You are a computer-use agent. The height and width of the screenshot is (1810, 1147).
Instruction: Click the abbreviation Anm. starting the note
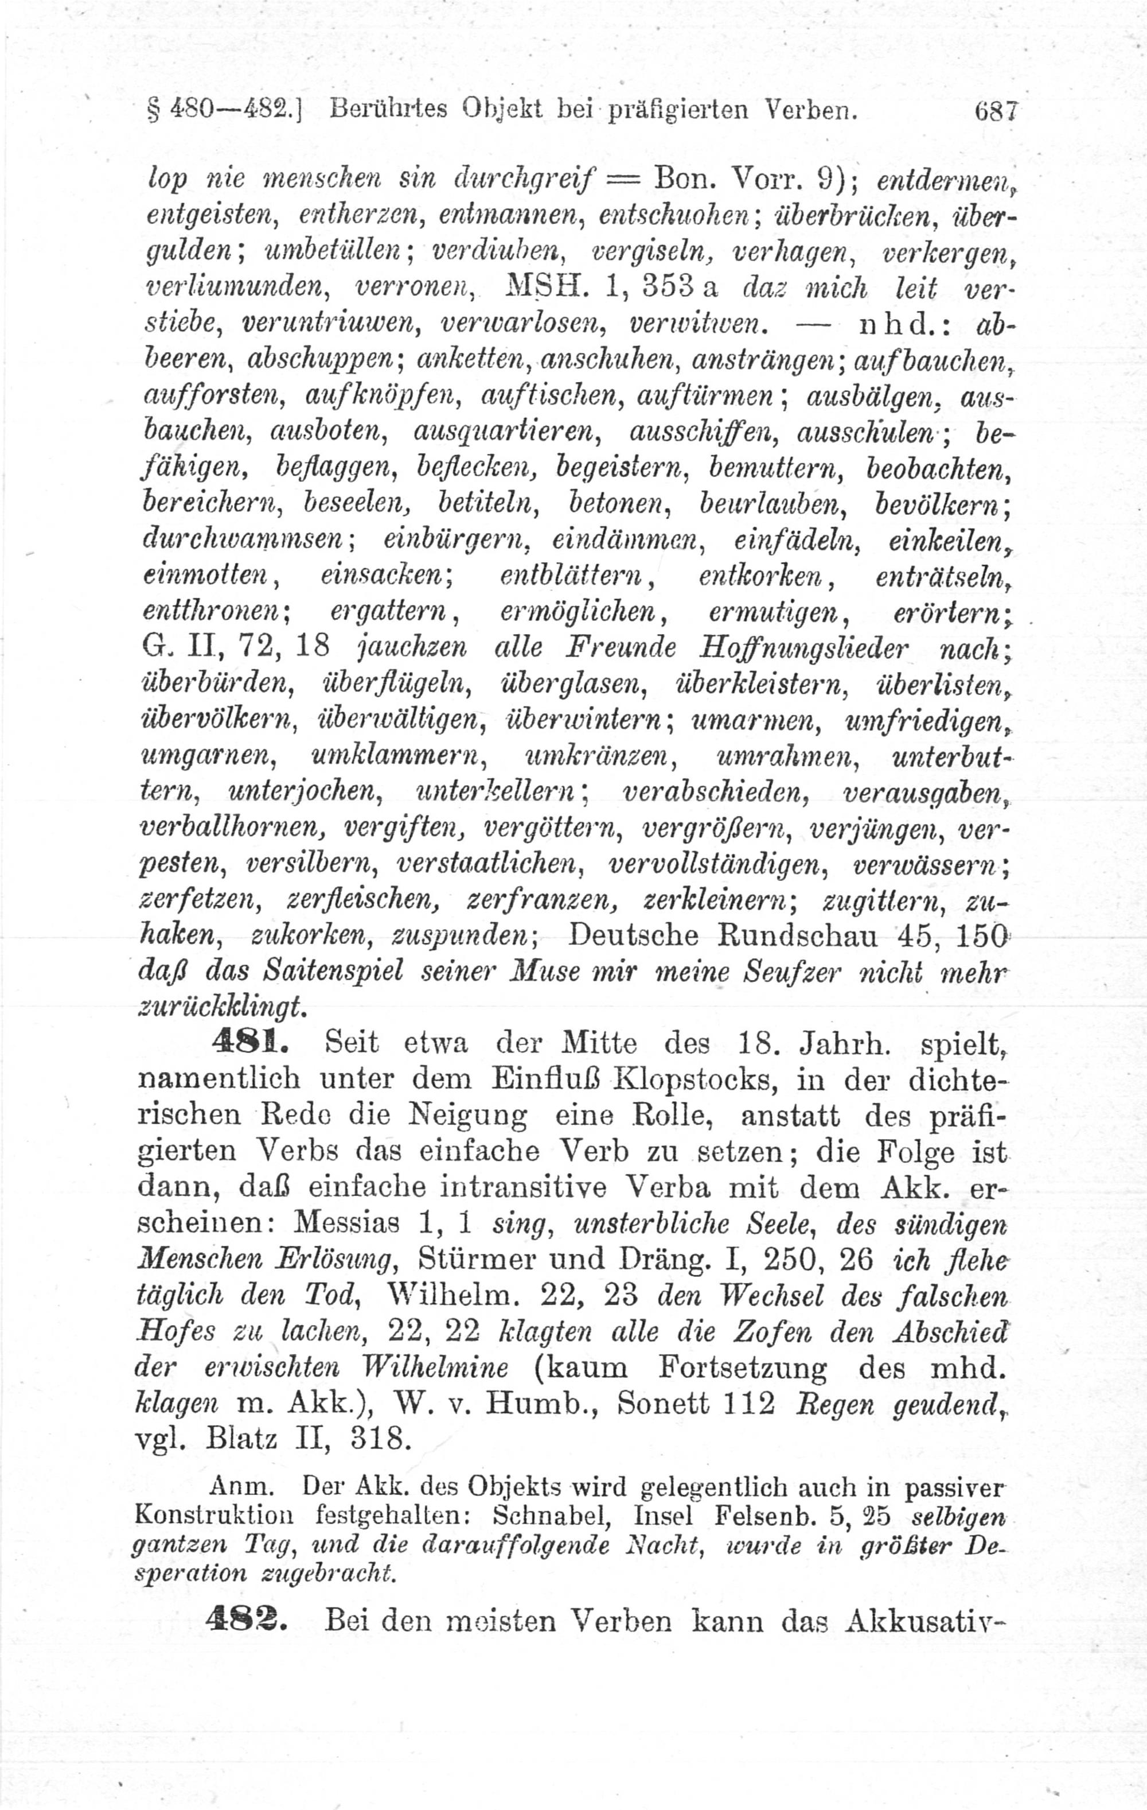tap(240, 1486)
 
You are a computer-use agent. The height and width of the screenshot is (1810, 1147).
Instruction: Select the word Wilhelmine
tap(435, 1368)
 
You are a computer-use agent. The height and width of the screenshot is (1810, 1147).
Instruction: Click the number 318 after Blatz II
tap(381, 1439)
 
